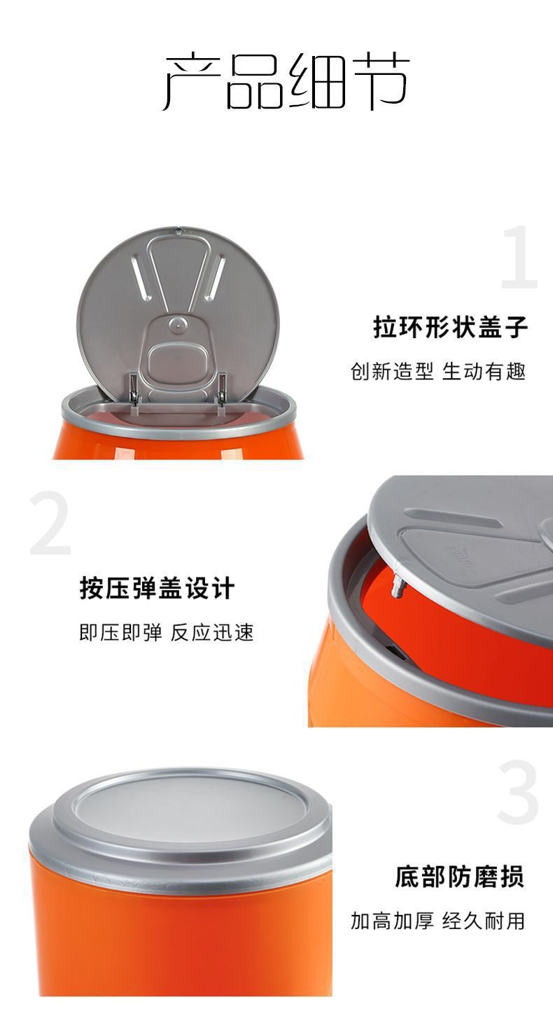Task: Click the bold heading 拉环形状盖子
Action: tap(450, 327)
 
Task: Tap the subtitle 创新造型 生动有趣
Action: tap(438, 371)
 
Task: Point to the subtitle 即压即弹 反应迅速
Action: tap(166, 632)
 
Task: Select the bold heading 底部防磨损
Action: tap(458, 876)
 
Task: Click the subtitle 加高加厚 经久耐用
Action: tap(437, 921)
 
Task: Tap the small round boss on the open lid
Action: tap(178, 324)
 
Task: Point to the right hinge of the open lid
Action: tap(221, 389)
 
